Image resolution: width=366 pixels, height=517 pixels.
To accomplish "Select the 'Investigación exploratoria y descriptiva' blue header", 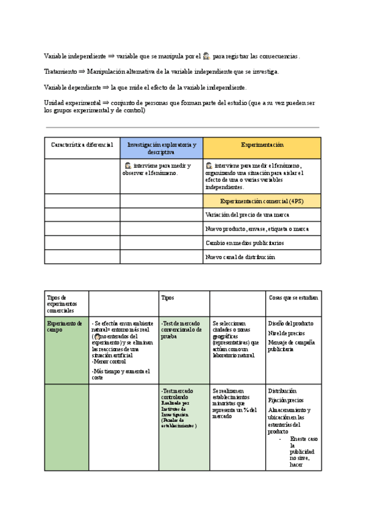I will [x=162, y=148].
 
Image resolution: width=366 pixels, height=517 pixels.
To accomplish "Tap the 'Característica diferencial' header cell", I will [x=82, y=145].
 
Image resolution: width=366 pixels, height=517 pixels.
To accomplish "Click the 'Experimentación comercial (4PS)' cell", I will [x=262, y=201].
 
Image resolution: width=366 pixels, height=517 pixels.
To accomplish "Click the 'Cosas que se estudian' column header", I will [x=293, y=298].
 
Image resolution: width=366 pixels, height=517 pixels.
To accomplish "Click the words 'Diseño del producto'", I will [x=290, y=323].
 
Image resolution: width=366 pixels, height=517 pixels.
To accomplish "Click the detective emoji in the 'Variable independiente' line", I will [x=207, y=56].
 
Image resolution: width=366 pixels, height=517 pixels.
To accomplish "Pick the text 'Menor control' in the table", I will [x=109, y=362].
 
